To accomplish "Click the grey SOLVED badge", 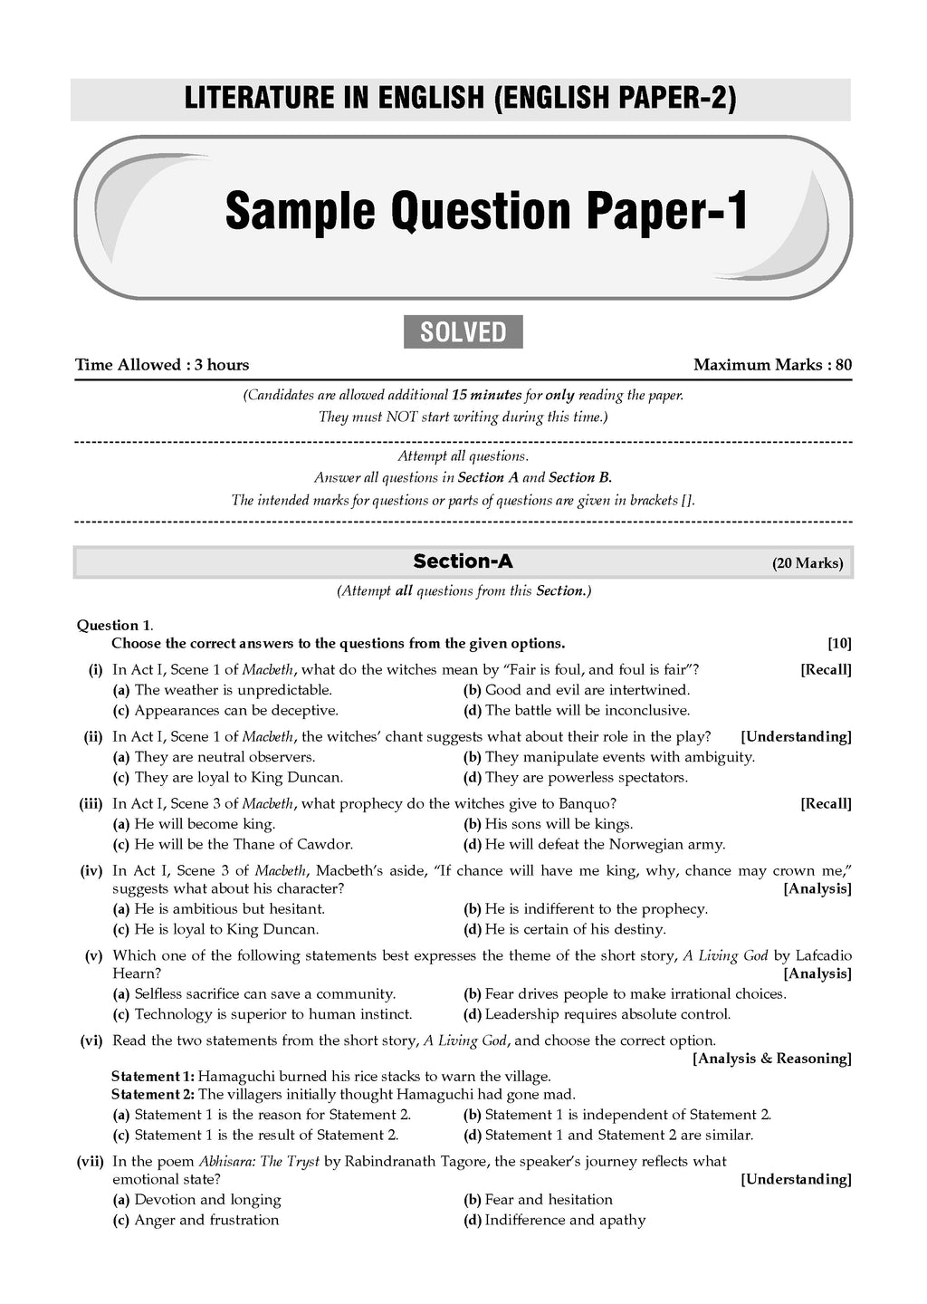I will click(x=463, y=332).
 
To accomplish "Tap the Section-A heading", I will click(x=463, y=561).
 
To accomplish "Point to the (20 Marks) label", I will click(x=808, y=563).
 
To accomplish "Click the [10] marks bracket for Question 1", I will click(x=839, y=644).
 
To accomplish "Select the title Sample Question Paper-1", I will click(x=487, y=211).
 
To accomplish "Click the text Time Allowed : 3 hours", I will click(x=162, y=365).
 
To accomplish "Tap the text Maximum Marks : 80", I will click(x=772, y=365).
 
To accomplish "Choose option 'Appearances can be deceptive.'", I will click(x=235, y=711).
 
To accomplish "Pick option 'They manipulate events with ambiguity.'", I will click(x=619, y=757).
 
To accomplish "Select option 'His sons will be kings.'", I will click(x=559, y=824).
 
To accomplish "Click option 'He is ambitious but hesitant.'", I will click(x=229, y=908).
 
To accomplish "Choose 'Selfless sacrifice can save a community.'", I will click(x=264, y=993).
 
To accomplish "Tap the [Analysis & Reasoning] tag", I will click(x=772, y=1059).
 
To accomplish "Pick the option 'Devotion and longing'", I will click(x=207, y=1200).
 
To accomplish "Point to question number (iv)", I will click(x=91, y=870).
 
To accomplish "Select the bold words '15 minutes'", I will click(x=486, y=396).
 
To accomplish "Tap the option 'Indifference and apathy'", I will click(x=565, y=1220).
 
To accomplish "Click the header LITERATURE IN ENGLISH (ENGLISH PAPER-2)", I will click(x=460, y=99).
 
